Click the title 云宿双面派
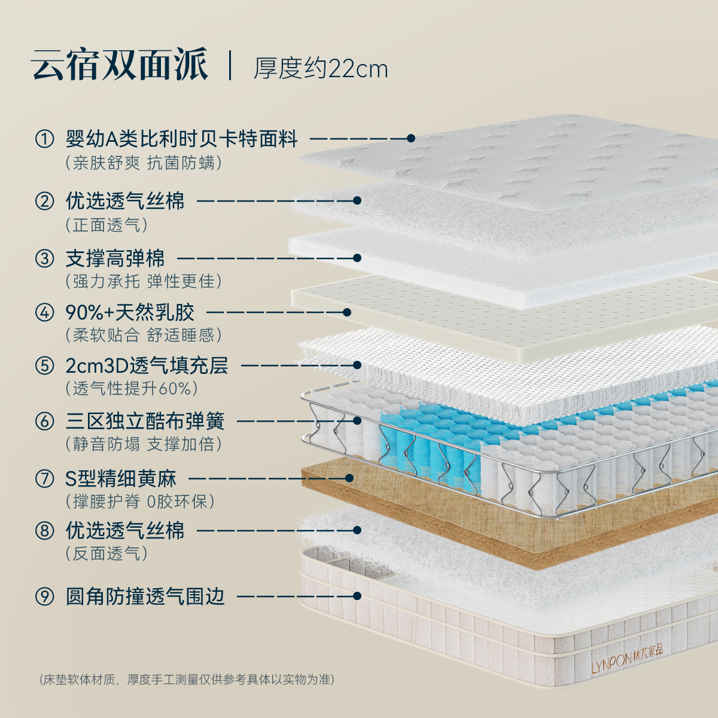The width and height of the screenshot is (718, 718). (120, 65)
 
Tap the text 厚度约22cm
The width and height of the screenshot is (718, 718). (321, 68)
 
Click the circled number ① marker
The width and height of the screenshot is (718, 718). (44, 139)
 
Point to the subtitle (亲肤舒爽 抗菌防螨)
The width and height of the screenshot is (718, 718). (144, 163)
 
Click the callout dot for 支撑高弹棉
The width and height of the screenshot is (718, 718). (357, 258)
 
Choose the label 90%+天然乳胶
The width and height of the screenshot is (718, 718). (130, 312)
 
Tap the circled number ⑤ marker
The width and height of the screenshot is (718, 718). (44, 365)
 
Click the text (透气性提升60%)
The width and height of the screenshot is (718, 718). (132, 388)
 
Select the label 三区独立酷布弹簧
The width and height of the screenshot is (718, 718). (145, 421)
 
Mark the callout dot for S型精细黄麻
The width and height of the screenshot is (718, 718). (350, 478)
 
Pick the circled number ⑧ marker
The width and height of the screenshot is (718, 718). (44, 530)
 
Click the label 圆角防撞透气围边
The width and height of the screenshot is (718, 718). (145, 596)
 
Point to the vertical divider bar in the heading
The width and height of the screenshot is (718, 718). (230, 65)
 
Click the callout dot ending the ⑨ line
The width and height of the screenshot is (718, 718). (357, 596)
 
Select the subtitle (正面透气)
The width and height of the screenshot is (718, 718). (107, 225)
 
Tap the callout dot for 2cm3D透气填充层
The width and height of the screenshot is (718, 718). (357, 365)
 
